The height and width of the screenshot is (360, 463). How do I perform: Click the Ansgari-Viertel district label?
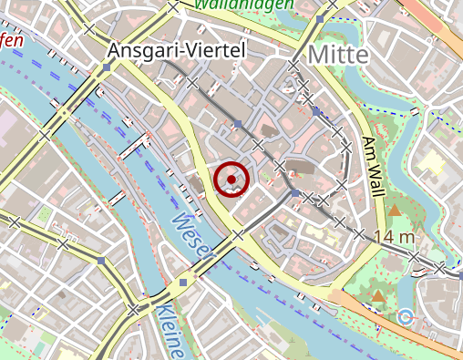(x=176, y=50)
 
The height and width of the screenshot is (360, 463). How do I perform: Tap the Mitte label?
(x=338, y=55)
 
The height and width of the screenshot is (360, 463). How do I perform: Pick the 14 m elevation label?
(x=394, y=237)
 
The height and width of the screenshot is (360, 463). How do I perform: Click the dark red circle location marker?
(x=232, y=179)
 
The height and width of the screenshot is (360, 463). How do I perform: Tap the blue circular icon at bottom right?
(x=406, y=316)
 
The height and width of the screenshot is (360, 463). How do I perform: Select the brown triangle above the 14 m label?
(x=395, y=211)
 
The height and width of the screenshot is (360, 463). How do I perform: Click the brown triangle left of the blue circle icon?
(x=377, y=296)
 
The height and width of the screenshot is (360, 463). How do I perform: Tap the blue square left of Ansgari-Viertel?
(x=108, y=67)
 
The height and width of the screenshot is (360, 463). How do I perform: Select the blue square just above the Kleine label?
(x=183, y=283)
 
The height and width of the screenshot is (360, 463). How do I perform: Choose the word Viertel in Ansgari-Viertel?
(x=214, y=50)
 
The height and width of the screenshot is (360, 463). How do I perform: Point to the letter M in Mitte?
(x=319, y=55)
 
